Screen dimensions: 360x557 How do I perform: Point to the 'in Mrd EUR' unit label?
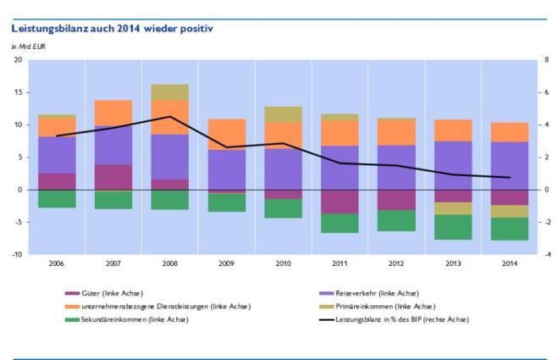pyautogui.click(x=28, y=46)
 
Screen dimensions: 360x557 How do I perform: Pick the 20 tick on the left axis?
pyautogui.click(x=18, y=60)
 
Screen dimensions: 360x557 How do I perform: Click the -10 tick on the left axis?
pyautogui.click(x=16, y=255)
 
